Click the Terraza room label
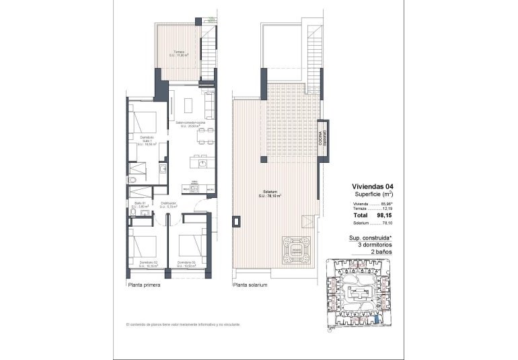coord(178,54)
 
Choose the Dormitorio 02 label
coord(147,264)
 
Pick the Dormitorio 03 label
coord(186,264)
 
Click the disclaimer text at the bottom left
coord(183,324)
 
